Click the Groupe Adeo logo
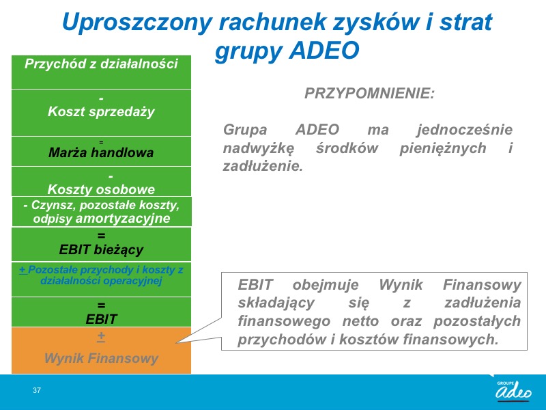(x=514, y=391)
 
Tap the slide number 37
(x=37, y=390)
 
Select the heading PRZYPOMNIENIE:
(x=369, y=94)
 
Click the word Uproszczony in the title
(x=137, y=23)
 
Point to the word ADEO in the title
(x=324, y=50)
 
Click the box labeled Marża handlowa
(x=101, y=151)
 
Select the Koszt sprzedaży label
(x=101, y=111)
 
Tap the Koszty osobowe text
(x=101, y=189)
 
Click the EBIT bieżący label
(x=101, y=249)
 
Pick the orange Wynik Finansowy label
(x=101, y=358)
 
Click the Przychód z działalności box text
(x=101, y=64)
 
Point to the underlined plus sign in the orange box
(x=101, y=336)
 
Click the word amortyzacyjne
(x=123, y=219)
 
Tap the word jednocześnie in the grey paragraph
(x=465, y=130)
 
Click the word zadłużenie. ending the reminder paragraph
(x=263, y=166)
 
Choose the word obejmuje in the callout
(x=326, y=285)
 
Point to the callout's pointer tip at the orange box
(x=176, y=343)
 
